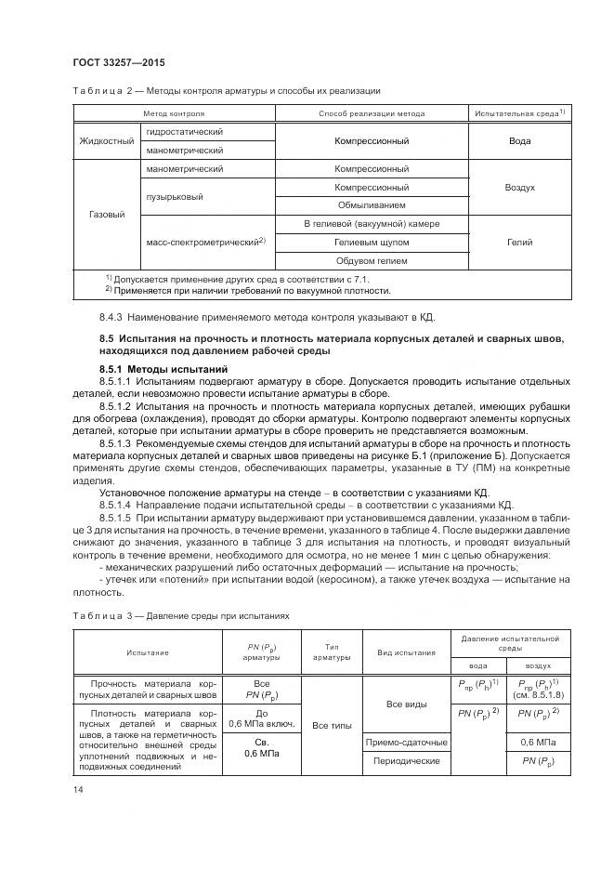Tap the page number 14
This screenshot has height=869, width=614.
(x=77, y=789)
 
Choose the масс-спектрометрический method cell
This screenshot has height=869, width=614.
(x=205, y=242)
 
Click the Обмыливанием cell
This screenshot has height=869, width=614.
(x=372, y=205)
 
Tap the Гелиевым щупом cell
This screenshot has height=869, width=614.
(x=372, y=242)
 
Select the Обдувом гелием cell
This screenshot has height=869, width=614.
(x=372, y=260)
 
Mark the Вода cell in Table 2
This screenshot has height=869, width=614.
(x=519, y=141)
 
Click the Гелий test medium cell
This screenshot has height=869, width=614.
(x=519, y=242)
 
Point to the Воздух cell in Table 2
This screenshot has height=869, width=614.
(x=519, y=187)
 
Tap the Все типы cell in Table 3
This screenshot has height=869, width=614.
(x=331, y=725)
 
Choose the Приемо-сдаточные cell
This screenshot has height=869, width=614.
(x=407, y=743)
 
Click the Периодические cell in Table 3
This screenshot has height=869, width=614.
(x=407, y=760)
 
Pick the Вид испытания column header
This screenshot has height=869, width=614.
(x=407, y=652)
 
